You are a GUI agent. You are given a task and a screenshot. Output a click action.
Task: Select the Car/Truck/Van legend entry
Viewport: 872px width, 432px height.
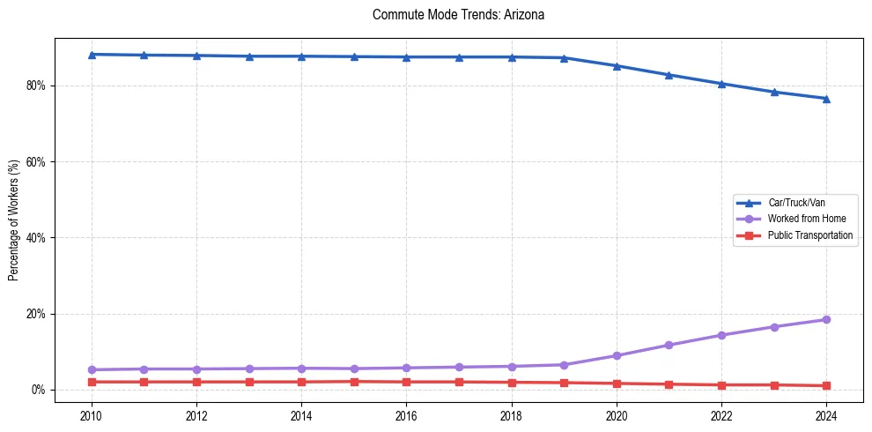coord(795,203)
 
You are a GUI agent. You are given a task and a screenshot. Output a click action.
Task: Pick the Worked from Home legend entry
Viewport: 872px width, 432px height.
coord(802,219)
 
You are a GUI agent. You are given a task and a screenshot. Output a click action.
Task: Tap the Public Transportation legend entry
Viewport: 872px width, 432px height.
coord(810,235)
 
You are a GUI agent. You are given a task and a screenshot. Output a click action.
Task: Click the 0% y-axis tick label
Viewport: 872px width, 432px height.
coord(39,390)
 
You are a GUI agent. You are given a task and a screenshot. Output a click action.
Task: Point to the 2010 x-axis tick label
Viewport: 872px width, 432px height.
coord(92,415)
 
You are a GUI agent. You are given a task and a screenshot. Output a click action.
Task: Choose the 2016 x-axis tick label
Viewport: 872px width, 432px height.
coord(406,415)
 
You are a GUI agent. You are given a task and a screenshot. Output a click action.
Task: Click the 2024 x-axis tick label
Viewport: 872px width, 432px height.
coord(826,415)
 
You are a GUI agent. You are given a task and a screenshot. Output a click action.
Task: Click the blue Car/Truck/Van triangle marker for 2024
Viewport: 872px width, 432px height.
coord(826,99)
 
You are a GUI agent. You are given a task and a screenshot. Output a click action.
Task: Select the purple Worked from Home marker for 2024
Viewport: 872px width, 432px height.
coord(826,319)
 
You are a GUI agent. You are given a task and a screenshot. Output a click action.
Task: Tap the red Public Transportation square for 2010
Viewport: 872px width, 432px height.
coord(92,382)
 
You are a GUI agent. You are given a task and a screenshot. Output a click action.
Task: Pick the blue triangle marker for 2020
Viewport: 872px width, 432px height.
coord(617,66)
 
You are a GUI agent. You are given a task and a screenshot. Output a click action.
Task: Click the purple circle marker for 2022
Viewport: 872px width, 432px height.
coord(721,335)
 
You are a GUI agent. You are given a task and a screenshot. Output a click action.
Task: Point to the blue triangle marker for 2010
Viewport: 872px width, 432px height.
coord(92,55)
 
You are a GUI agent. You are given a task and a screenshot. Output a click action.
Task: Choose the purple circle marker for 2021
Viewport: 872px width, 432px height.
coord(669,345)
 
